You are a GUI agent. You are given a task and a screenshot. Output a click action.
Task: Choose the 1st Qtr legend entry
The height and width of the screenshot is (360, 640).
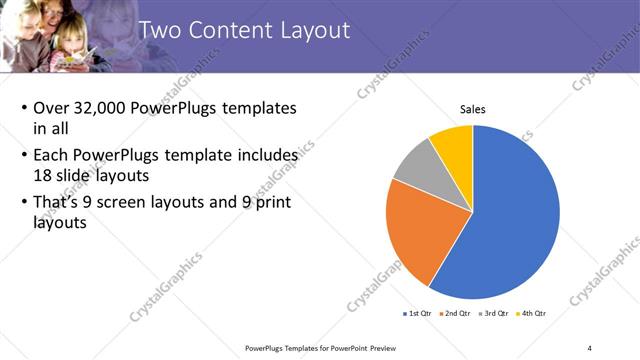pos(418,313)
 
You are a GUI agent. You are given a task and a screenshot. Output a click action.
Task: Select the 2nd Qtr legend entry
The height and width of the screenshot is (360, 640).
pos(457,313)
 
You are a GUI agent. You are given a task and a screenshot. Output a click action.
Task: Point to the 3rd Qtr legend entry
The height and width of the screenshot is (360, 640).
pos(495,313)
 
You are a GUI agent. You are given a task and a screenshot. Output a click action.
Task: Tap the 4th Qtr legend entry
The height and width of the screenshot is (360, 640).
pos(533,313)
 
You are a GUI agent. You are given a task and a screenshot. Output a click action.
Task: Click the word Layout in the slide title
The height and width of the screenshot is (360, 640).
pos(311,30)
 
